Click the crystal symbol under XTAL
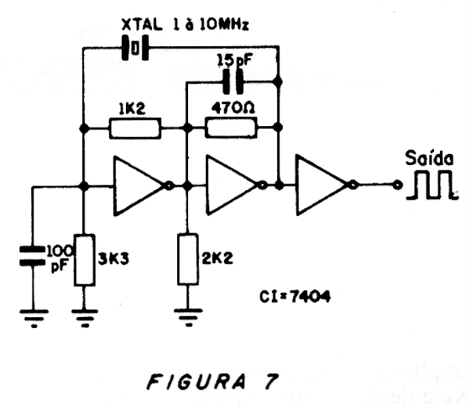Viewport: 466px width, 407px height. tap(135, 48)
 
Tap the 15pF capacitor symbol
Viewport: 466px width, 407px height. tap(233, 82)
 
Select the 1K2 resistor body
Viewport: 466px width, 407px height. tap(135, 129)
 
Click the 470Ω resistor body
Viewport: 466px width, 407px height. tap(231, 128)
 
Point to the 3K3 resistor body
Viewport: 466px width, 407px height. tap(85, 260)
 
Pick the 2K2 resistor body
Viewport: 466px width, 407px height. tap(188, 259)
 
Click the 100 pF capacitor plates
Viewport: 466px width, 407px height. tap(32, 256)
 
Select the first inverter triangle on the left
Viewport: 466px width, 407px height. tap(139, 186)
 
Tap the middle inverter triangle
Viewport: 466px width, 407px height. tap(232, 185)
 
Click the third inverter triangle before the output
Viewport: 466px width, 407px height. tap(322, 185)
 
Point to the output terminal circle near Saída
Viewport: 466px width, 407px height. tap(397, 185)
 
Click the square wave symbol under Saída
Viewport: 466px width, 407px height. tap(432, 185)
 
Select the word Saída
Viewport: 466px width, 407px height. tap(430, 158)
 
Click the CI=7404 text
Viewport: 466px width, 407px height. tap(295, 297)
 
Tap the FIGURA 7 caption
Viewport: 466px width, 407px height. tap(212, 382)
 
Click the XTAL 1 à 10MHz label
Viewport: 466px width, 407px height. tap(185, 24)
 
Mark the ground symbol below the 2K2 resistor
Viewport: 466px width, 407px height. tap(188, 318)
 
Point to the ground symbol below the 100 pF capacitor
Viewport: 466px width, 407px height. tap(34, 319)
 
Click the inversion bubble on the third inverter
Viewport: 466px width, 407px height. tap(353, 185)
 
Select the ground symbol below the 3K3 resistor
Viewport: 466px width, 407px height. tap(85, 319)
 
